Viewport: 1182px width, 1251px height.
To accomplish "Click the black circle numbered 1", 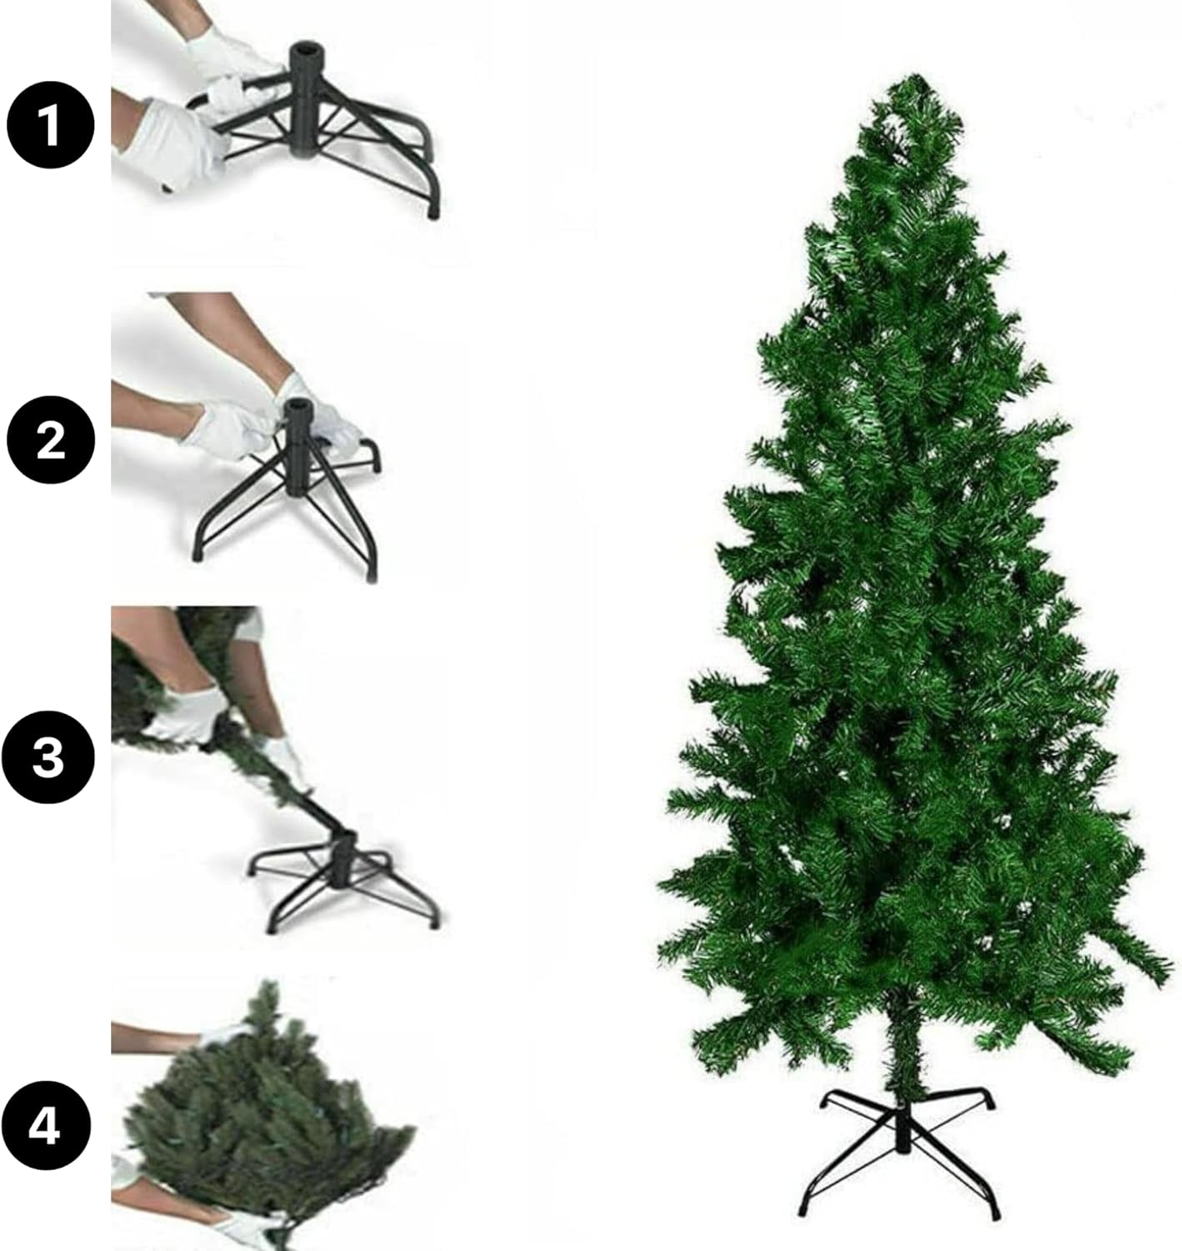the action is (51, 125).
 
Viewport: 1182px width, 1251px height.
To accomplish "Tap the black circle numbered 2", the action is (51, 440).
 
